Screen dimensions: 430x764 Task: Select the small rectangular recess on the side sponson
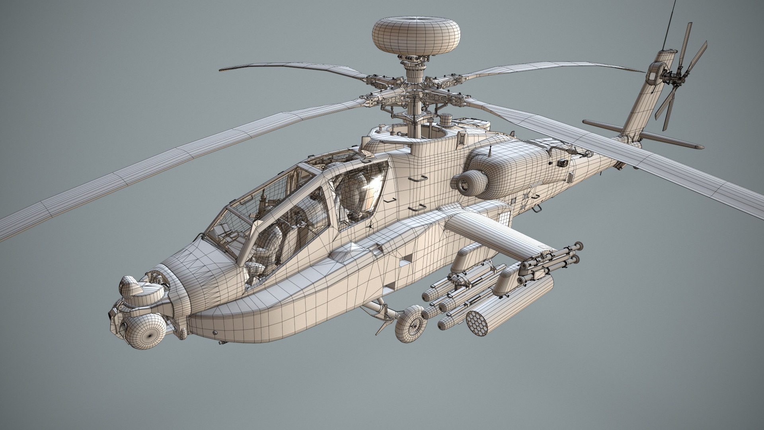(x=405, y=259)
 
